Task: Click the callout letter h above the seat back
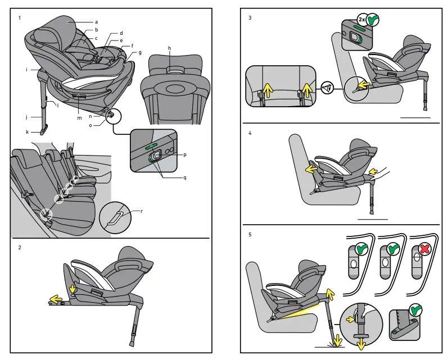(169, 48)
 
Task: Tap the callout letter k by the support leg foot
(26, 131)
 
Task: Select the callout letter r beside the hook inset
(141, 211)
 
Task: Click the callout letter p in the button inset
(184, 154)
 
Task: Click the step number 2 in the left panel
(20, 247)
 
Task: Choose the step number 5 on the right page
(250, 234)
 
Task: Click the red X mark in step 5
(417, 249)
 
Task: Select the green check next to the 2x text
(372, 20)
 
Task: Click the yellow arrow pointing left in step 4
(310, 168)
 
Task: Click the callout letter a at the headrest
(97, 21)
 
